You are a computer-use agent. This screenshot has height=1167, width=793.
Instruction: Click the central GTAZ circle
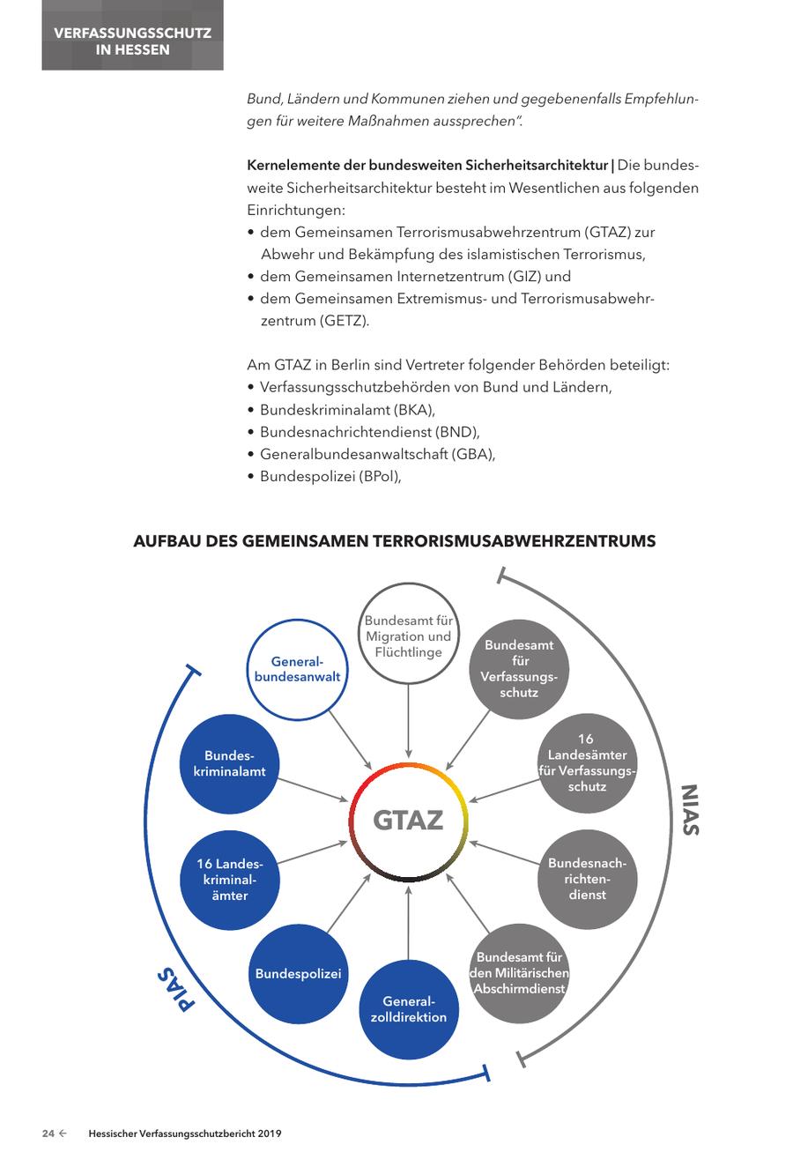pos(408,821)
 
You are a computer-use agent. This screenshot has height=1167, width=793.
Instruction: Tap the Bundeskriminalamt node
pos(229,763)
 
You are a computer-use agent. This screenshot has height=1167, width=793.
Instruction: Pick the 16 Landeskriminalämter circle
pos(229,879)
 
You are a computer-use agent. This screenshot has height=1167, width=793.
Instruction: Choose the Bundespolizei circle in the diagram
pos(298,974)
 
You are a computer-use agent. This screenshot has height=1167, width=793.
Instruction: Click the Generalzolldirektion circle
pos(408,1009)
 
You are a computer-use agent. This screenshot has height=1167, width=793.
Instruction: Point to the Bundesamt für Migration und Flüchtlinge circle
pos(408,636)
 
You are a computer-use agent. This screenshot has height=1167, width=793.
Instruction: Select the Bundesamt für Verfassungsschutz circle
pos(519,668)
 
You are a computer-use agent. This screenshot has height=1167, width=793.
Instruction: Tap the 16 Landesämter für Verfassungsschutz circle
pos(587,762)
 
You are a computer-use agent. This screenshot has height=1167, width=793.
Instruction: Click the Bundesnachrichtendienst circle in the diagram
pos(587,879)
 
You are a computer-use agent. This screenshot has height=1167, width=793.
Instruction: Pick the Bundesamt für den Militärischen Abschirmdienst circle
pos(519,973)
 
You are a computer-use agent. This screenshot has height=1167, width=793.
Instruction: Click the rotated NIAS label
pos(689,809)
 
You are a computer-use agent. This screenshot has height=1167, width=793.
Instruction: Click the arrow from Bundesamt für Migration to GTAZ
pos(408,717)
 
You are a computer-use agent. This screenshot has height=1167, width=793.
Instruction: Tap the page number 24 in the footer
pos(48,1134)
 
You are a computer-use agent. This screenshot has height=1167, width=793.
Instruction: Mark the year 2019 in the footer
pos(267,1134)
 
